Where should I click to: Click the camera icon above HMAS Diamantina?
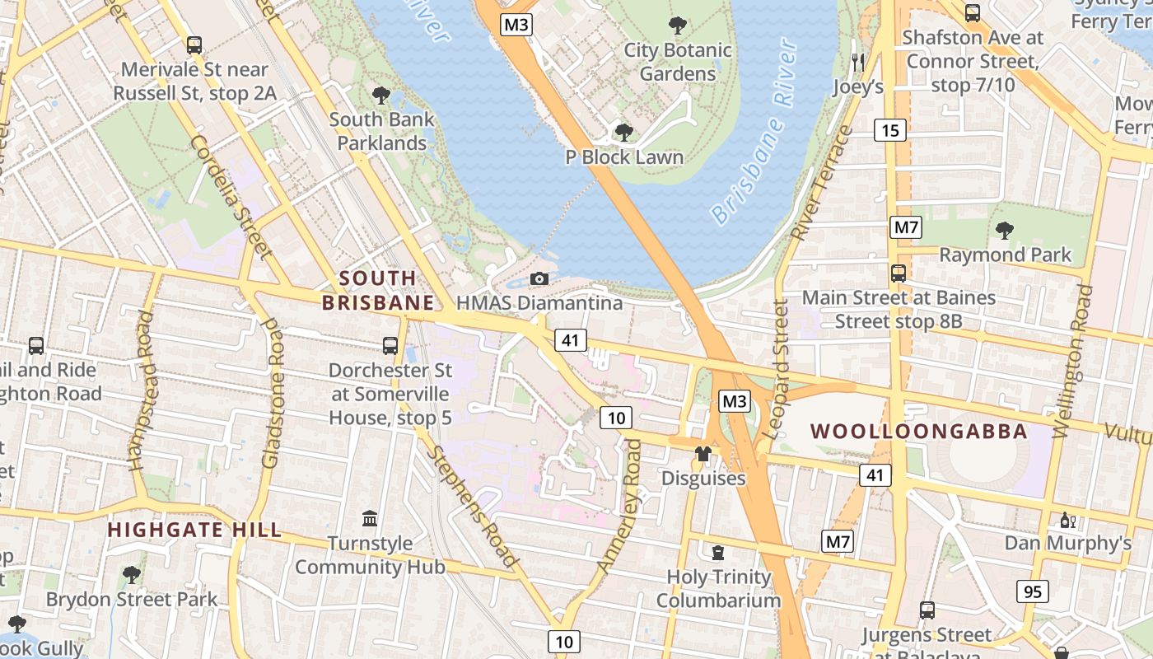point(539,278)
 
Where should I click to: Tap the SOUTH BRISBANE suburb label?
point(378,290)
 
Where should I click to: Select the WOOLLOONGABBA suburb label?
point(919,431)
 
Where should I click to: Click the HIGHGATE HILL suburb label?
point(194,530)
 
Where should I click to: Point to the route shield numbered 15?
point(890,129)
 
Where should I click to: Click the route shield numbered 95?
point(1032,591)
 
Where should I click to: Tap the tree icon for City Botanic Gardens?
point(678,26)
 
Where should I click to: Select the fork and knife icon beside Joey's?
point(858,62)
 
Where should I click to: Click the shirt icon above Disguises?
point(703,453)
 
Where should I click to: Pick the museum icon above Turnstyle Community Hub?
point(370,519)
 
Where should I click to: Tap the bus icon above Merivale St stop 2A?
point(194,45)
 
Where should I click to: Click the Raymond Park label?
point(1006,255)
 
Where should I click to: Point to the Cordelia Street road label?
point(231,197)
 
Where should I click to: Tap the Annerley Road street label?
point(619,507)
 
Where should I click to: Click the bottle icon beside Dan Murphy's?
point(1068,520)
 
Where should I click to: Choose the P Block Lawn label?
point(623,157)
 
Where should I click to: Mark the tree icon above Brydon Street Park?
point(132,574)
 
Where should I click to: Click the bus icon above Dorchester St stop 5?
point(390,346)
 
